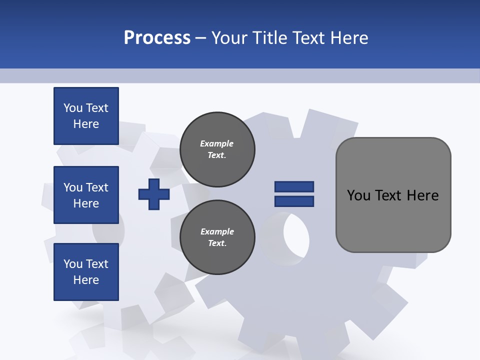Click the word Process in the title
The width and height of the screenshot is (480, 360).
157,38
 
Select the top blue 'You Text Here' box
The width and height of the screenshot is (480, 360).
86,116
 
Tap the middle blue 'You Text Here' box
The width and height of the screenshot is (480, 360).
86,195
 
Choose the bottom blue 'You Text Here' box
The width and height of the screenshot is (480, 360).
86,272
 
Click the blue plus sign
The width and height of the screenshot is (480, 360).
154,194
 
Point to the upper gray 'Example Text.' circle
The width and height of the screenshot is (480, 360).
217,149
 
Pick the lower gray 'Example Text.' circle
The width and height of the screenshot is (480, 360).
217,237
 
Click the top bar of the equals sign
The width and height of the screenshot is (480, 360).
294,186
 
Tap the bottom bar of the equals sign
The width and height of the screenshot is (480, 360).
294,201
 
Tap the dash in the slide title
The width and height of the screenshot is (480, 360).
201,38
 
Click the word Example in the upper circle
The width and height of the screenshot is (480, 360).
216,144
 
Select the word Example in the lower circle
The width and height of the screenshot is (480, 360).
217,232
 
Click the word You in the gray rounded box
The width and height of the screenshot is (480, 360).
358,195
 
